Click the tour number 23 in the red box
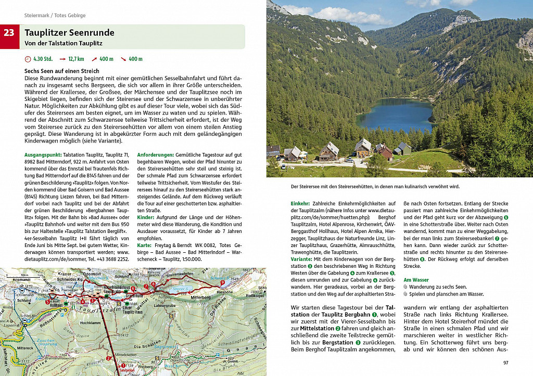click(x=9, y=33)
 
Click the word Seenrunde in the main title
click(x=90, y=33)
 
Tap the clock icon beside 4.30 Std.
click(x=28, y=59)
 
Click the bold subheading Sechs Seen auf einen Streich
click(x=61, y=71)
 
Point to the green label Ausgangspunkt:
click(x=43, y=154)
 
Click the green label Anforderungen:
click(x=156, y=154)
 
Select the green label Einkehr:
click(x=300, y=203)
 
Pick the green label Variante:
click(x=301, y=258)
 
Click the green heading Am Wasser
click(x=416, y=280)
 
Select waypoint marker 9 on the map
click(x=222, y=283)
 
